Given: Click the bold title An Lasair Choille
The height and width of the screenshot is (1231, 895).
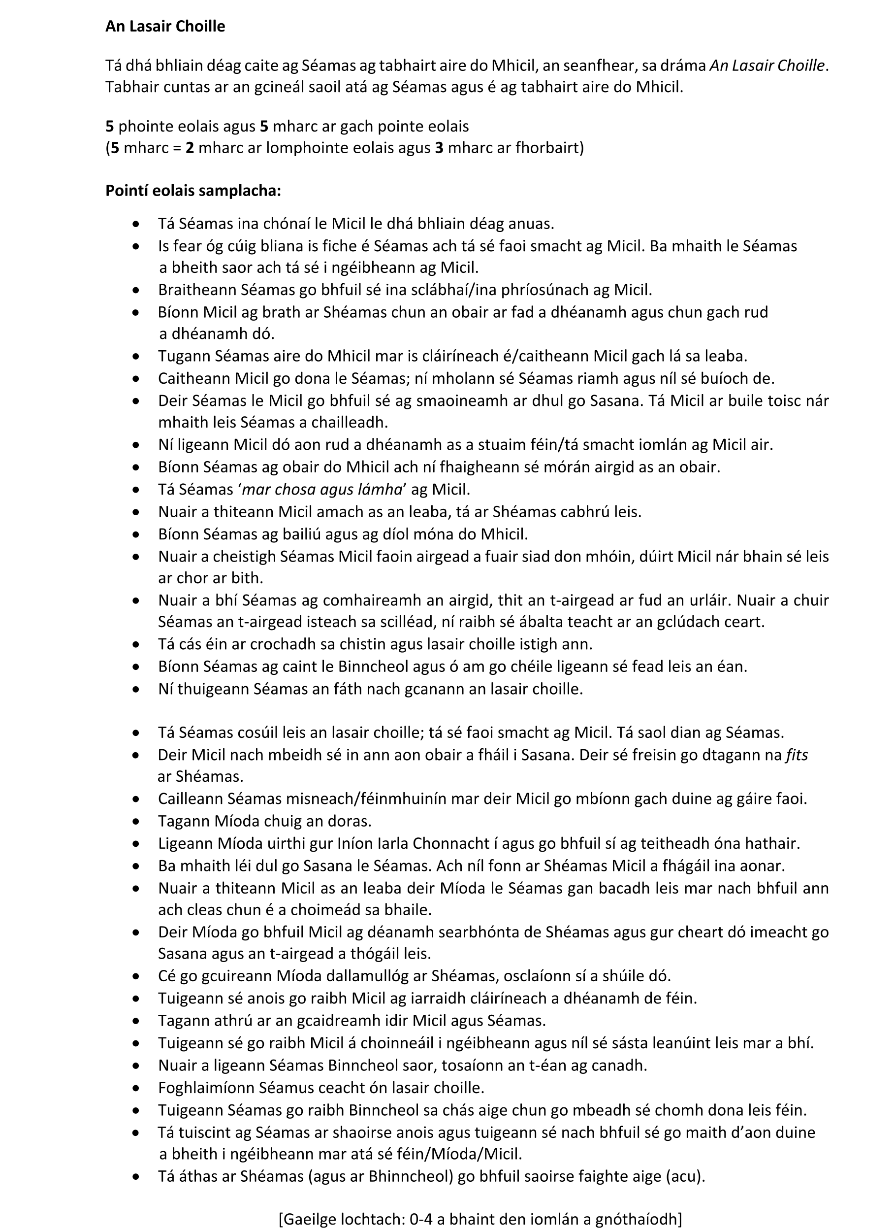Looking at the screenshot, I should pyautogui.click(x=165, y=26).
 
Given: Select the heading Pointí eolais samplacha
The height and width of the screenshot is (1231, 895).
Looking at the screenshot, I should pyautogui.click(x=193, y=191).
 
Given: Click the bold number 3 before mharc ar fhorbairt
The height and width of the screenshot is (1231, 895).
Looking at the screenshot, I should pyautogui.click(x=439, y=148).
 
